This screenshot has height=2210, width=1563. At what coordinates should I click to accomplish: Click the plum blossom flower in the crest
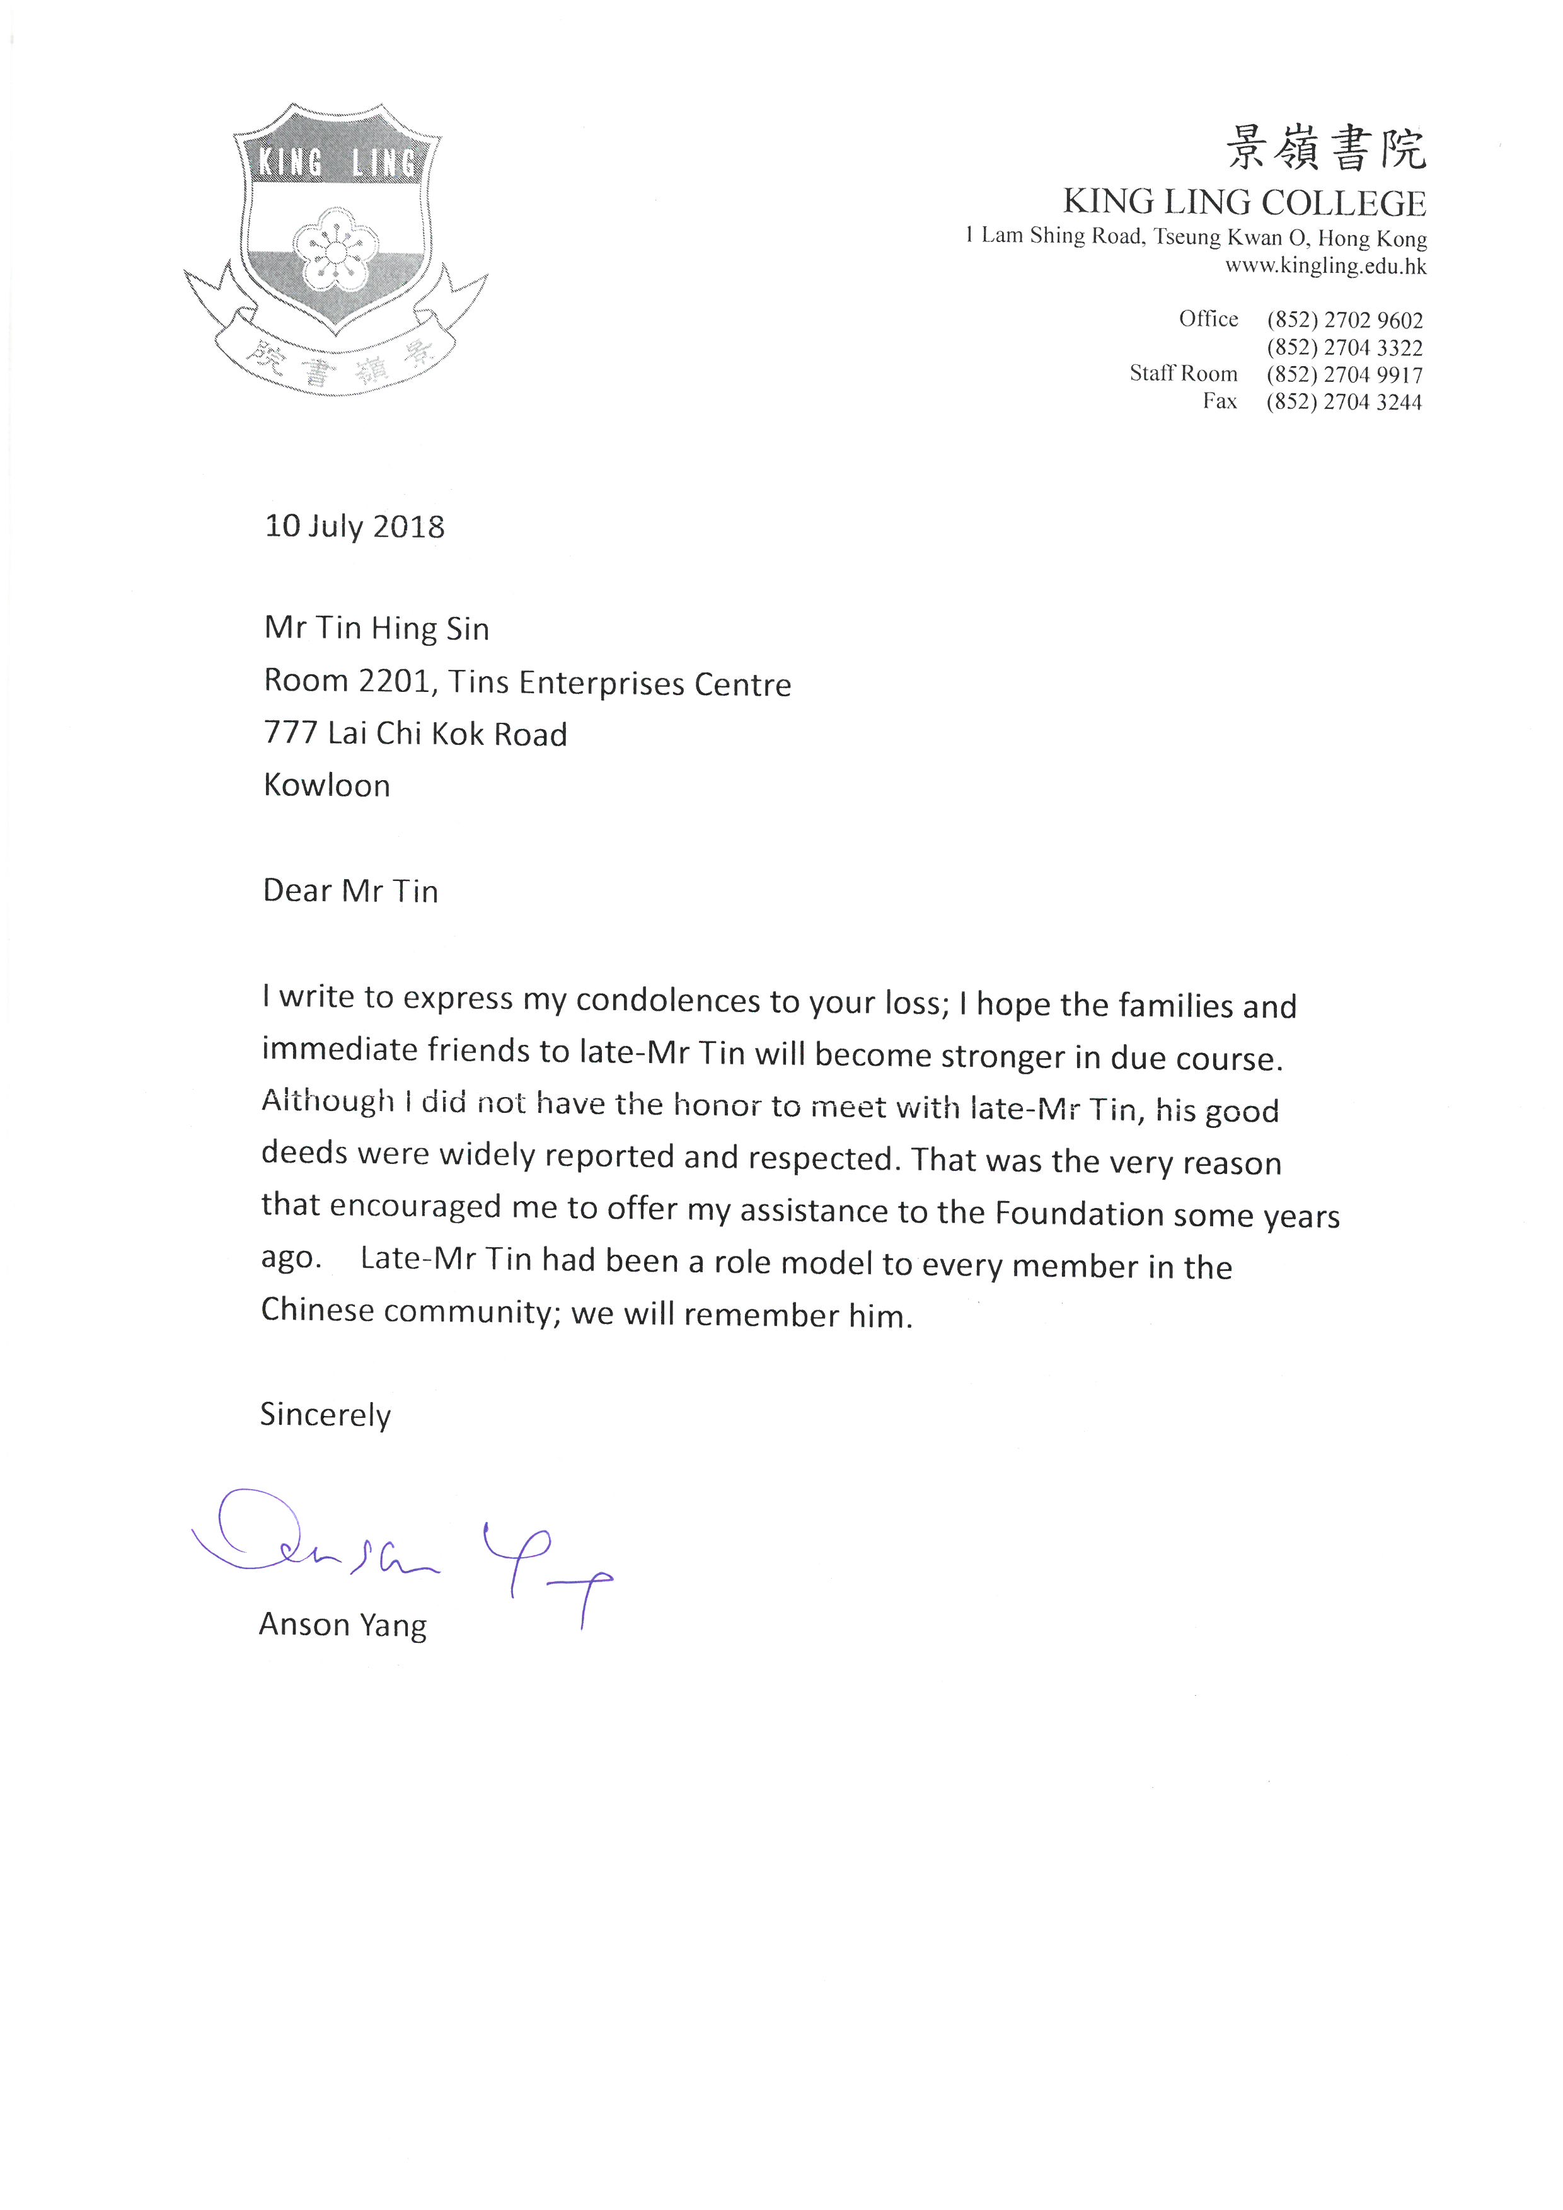point(334,250)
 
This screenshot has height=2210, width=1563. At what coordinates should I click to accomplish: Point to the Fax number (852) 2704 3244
point(1344,402)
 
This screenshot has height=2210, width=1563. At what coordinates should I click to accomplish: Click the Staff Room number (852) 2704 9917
point(1344,376)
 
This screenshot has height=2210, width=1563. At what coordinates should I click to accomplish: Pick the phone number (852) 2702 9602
point(1344,321)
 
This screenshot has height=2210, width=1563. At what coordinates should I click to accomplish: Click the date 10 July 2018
point(354,527)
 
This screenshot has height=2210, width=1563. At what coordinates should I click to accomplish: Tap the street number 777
point(291,734)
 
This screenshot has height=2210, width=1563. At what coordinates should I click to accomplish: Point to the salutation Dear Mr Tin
point(350,890)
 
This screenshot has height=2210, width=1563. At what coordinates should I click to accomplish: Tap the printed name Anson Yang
point(343,1625)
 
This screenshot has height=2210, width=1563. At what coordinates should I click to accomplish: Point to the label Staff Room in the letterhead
point(1183,374)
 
